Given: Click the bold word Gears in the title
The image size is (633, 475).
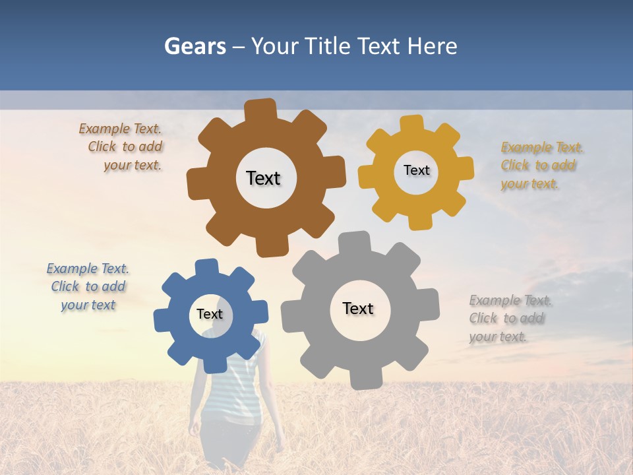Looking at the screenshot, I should click(x=195, y=46).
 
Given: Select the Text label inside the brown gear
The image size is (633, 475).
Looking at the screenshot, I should click(x=263, y=178).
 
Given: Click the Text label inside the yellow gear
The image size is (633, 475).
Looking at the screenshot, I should click(x=416, y=170).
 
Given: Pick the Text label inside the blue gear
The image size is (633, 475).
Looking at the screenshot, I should click(x=210, y=314).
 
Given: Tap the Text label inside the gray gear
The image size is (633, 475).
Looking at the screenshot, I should click(x=358, y=308).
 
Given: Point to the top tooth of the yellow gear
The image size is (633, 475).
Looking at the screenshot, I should click(x=412, y=124).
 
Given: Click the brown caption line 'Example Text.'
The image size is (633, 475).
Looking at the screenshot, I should click(x=120, y=129).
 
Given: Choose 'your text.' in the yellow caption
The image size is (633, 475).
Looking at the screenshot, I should click(x=529, y=184).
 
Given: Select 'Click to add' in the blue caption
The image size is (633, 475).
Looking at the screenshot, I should click(x=88, y=286).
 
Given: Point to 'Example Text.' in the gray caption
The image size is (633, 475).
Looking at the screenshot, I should click(x=510, y=300).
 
